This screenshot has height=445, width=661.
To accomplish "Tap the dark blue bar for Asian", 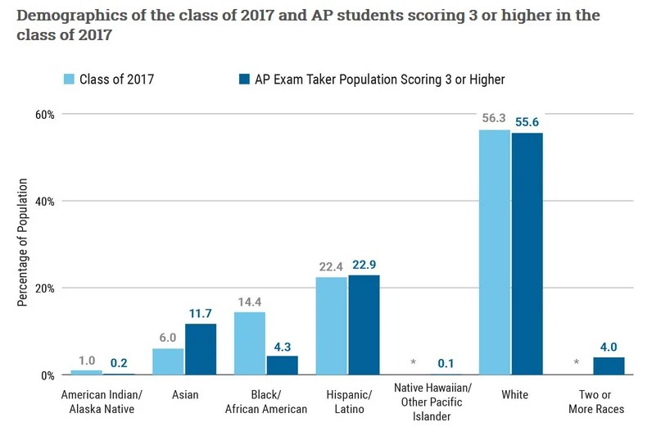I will point(200,349).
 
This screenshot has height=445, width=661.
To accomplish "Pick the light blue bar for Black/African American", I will point(250,343).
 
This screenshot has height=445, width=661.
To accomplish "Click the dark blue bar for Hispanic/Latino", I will point(364,325).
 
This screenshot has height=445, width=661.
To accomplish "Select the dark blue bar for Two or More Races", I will point(609,366).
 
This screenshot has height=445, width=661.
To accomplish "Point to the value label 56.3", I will point(495,119).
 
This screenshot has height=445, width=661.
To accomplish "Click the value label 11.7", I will point(200,314).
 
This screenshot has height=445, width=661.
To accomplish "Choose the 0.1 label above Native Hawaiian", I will point(446,363).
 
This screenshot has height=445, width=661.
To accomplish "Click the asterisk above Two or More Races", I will point(577,363).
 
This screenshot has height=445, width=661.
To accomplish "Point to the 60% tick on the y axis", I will point(44,114).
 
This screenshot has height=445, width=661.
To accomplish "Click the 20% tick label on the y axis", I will point(44,288).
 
